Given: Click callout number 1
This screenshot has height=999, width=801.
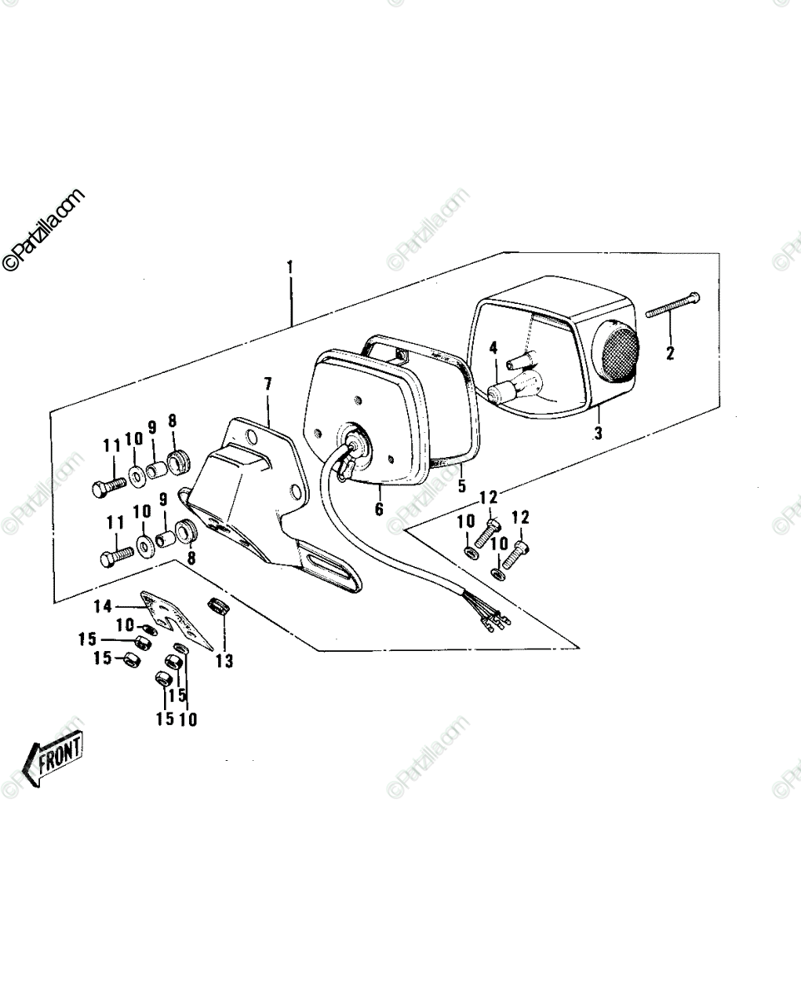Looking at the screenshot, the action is pos(291,268).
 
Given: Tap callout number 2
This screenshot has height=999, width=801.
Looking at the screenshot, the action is pos(669,353).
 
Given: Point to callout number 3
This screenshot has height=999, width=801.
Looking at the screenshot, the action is pos(599,433).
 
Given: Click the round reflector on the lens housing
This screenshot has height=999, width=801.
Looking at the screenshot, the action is pos(615,350).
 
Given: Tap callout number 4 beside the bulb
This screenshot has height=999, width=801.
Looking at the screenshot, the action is pos(493,348).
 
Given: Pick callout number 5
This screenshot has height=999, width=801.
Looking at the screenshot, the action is pos(461,485).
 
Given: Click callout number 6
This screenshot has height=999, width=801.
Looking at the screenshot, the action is pos(379,509).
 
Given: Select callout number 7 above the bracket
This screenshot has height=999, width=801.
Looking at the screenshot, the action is pos(268,384).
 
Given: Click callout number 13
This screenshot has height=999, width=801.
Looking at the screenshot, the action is pos(224,660).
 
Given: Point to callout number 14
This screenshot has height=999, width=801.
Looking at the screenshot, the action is pos(102,606).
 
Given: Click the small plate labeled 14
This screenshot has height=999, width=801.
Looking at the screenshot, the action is pos(177,619).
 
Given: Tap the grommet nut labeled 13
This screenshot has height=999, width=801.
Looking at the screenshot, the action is pos(216,606).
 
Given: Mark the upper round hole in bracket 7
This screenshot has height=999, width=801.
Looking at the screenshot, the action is pos(251,436).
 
